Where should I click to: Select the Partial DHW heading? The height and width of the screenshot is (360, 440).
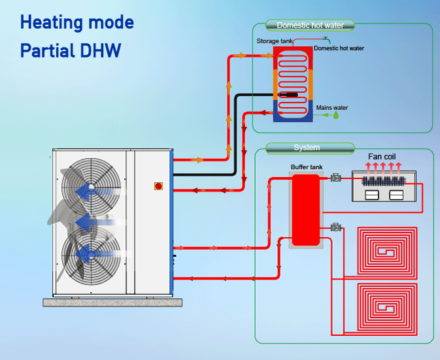coord(71,50)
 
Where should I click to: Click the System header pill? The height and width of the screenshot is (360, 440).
coord(307,148)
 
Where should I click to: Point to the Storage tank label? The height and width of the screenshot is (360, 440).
coord(274,41)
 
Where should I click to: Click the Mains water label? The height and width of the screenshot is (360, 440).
coord(332,107)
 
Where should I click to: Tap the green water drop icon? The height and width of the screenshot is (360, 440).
coord(335,114)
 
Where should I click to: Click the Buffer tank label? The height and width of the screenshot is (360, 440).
coord(307,167)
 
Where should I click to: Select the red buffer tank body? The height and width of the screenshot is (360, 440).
coord(305,209)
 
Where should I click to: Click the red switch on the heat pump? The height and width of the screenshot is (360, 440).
coord(157,186)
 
